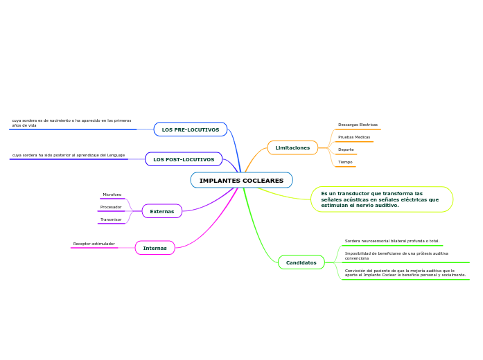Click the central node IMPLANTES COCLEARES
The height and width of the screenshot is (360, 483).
coord(241,181)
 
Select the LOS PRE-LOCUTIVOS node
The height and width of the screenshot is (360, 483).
coord(190,129)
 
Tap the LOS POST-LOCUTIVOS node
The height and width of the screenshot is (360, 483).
coord(184,160)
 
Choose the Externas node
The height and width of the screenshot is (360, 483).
coord(162,211)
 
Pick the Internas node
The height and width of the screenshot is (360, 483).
coord(155,248)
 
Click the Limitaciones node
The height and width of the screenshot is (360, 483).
coord(292,147)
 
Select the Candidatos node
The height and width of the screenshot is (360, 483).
coord(301,262)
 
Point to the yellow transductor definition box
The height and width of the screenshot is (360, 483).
coord(380,199)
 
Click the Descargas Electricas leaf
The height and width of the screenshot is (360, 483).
coord(358,125)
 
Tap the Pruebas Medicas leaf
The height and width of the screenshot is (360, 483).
coord(354,137)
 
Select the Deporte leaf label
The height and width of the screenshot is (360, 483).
coord(346,150)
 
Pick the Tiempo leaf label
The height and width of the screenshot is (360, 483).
coord(345,162)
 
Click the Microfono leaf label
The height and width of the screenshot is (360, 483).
coord(112,195)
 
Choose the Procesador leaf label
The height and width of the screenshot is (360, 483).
coord(111,207)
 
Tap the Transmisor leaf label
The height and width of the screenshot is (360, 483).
coord(111,219)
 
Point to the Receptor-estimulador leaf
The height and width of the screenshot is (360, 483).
coord(94,244)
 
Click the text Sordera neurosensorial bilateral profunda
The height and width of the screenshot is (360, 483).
coord(392,241)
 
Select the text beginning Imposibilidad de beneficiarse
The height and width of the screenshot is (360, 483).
coord(396,255)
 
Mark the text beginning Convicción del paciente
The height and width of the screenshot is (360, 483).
coord(405,273)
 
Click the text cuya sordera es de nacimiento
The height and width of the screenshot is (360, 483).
coord(71,123)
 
